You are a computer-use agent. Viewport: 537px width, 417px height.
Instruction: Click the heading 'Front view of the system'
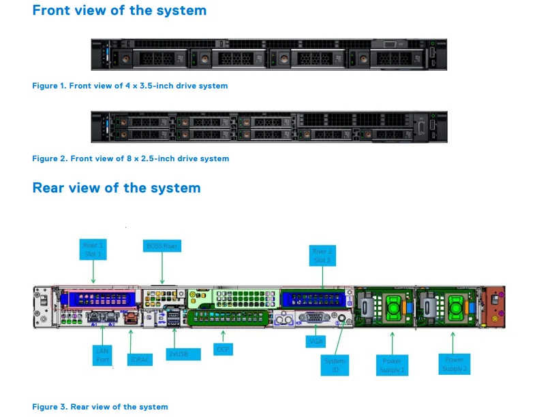coord(119,11)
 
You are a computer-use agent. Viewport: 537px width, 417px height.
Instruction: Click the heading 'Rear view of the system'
coord(117,188)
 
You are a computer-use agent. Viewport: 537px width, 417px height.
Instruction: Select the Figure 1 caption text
coord(130,86)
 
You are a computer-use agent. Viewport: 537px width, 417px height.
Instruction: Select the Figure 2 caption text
coord(131,159)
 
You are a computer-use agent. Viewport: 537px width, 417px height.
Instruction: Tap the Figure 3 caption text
coord(100,407)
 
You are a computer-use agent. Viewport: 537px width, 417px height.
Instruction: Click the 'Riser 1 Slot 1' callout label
coord(94,249)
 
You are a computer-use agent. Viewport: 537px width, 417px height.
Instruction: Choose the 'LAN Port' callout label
coord(102,355)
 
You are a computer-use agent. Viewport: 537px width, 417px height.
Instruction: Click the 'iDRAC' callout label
coord(140,358)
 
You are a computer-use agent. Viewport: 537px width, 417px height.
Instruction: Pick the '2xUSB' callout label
coord(184,354)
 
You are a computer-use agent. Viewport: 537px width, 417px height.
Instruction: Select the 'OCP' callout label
coord(223,349)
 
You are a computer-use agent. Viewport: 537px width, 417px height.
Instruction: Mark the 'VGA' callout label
coord(316,341)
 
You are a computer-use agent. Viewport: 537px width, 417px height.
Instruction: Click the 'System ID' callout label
coord(335,365)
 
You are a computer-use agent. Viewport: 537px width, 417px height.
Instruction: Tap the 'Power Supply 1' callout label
coord(392,365)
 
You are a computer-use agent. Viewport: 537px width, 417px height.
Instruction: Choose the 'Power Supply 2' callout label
coord(454,364)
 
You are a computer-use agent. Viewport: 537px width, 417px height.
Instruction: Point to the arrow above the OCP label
coord(224,335)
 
